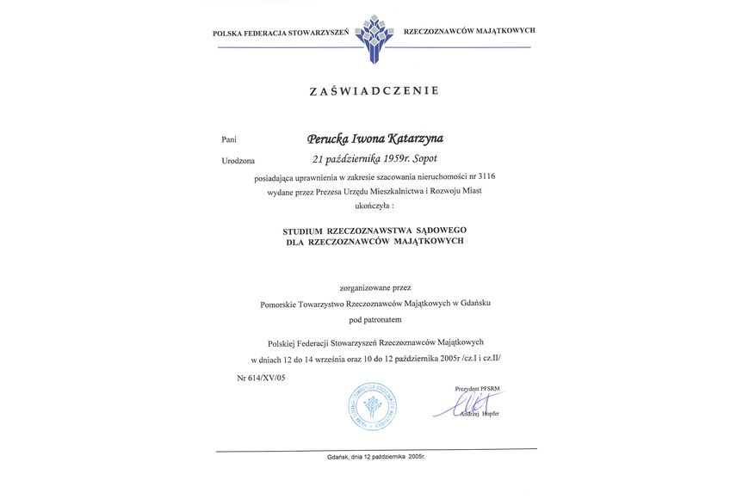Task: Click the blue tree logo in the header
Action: pos(374,37)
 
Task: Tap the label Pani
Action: pos(228,139)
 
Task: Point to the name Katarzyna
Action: pos(415,138)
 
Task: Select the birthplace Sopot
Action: pos(423,159)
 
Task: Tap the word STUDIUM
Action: pos(303,231)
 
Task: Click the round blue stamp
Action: pos(373,407)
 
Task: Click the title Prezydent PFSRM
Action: pos(477,389)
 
